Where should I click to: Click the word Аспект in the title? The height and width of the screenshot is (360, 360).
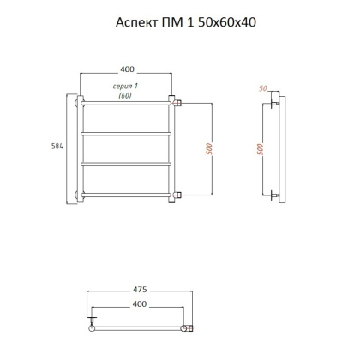[x=134, y=23]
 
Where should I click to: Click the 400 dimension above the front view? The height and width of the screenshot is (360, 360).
[x=128, y=69]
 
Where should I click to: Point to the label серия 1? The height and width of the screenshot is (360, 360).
[x=125, y=87]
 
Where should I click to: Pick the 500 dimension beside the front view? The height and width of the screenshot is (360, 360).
[x=208, y=149]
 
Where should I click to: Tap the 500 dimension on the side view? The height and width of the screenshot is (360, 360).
[x=260, y=149]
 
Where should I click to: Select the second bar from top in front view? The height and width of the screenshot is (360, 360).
[x=127, y=134]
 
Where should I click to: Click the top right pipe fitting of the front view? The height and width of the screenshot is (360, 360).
[x=176, y=103]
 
